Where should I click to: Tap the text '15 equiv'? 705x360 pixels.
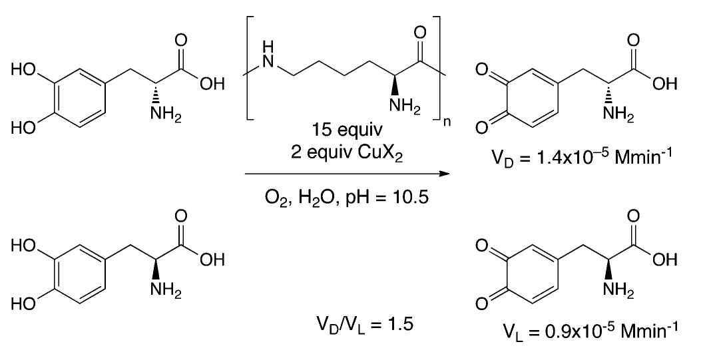[347, 130]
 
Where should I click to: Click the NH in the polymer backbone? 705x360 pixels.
[268, 55]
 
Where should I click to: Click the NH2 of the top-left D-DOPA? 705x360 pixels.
[166, 115]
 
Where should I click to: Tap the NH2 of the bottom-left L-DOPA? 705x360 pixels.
[166, 291]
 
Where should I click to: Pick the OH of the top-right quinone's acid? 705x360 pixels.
[664, 83]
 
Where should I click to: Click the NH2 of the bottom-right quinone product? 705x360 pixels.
[618, 291]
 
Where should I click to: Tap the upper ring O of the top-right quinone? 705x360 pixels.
[483, 70]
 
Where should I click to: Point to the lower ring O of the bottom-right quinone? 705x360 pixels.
[483, 304]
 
